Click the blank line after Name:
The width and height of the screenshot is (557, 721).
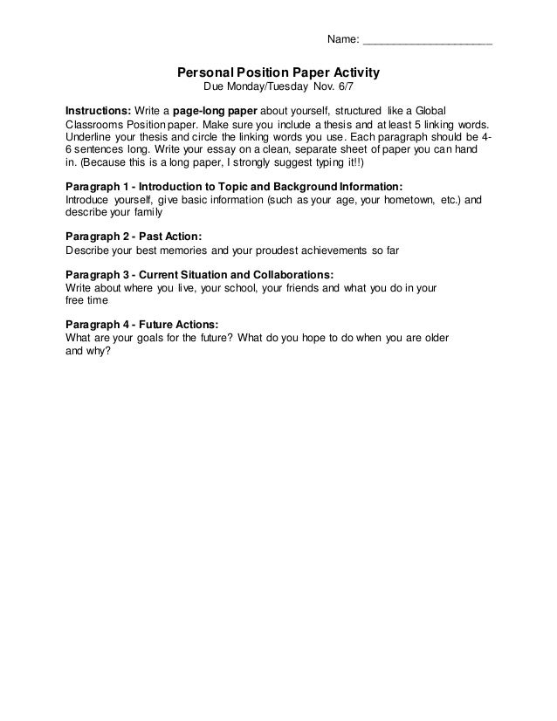427,40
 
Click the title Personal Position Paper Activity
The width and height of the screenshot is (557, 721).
278,74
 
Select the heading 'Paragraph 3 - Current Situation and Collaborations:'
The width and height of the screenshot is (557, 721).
199,273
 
